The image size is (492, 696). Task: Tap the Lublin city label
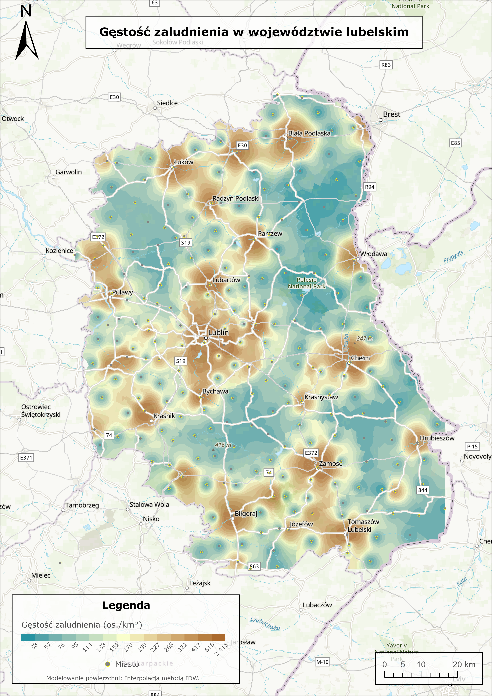(218, 333)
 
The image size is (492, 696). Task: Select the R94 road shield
(370, 187)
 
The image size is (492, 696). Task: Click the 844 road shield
(423, 490)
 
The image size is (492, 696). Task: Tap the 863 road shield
(254, 566)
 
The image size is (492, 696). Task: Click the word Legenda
(126, 605)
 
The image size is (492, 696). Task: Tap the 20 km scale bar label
(464, 664)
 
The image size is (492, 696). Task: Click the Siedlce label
(167, 103)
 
